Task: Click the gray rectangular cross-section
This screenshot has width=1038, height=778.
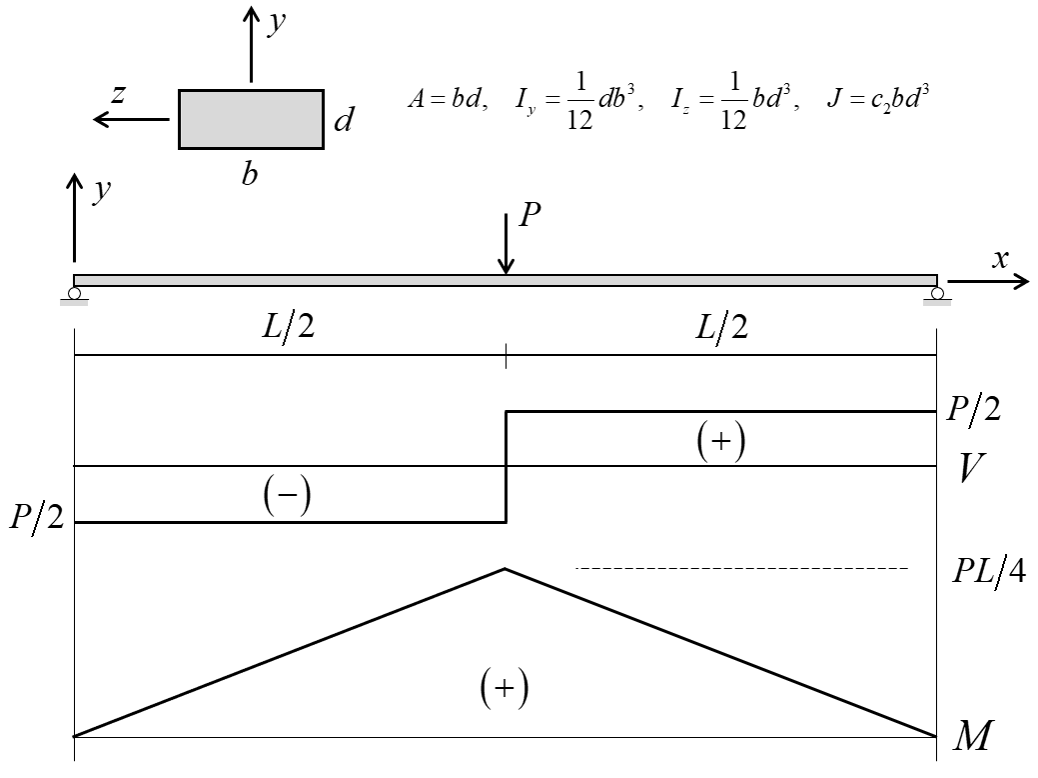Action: pos(250,119)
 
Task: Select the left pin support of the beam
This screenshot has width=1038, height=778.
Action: pos(75,294)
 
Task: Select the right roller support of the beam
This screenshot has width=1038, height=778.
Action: pos(937,294)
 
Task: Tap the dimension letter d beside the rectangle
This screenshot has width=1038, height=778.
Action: pos(344,121)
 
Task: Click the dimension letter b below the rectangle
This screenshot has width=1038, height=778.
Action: pos(250,173)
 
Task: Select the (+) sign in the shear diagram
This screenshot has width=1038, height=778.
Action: pos(720,441)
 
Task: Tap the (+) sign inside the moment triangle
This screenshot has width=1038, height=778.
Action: pos(504,688)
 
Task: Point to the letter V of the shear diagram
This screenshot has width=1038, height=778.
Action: pos(972,467)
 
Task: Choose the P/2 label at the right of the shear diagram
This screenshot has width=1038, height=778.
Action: pos(974,410)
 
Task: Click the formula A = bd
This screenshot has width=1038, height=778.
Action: pos(440,103)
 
